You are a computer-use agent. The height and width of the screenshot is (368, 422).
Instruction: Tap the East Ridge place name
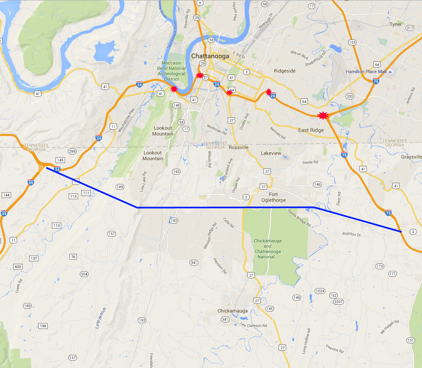311,130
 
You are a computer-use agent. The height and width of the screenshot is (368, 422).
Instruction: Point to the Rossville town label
239,147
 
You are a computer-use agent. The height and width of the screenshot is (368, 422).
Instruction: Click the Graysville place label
411,157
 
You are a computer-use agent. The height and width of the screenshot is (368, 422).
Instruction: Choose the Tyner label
395,25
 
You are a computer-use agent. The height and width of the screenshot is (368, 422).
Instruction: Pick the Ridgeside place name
285,71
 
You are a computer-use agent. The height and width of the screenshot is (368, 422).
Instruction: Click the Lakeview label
271,153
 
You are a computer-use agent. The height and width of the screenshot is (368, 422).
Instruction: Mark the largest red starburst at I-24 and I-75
323,116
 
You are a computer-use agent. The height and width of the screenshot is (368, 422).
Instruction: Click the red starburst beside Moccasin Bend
174,89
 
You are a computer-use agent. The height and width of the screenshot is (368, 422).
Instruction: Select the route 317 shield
409,28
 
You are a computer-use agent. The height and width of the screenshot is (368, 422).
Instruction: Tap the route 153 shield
352,42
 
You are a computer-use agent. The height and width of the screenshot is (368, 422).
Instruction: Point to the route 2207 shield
338,302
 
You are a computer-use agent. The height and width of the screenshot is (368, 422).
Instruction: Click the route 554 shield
84,274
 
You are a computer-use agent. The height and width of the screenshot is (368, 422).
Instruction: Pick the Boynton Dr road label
351,234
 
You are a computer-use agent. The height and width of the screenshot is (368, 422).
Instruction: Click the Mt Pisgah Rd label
390,327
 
